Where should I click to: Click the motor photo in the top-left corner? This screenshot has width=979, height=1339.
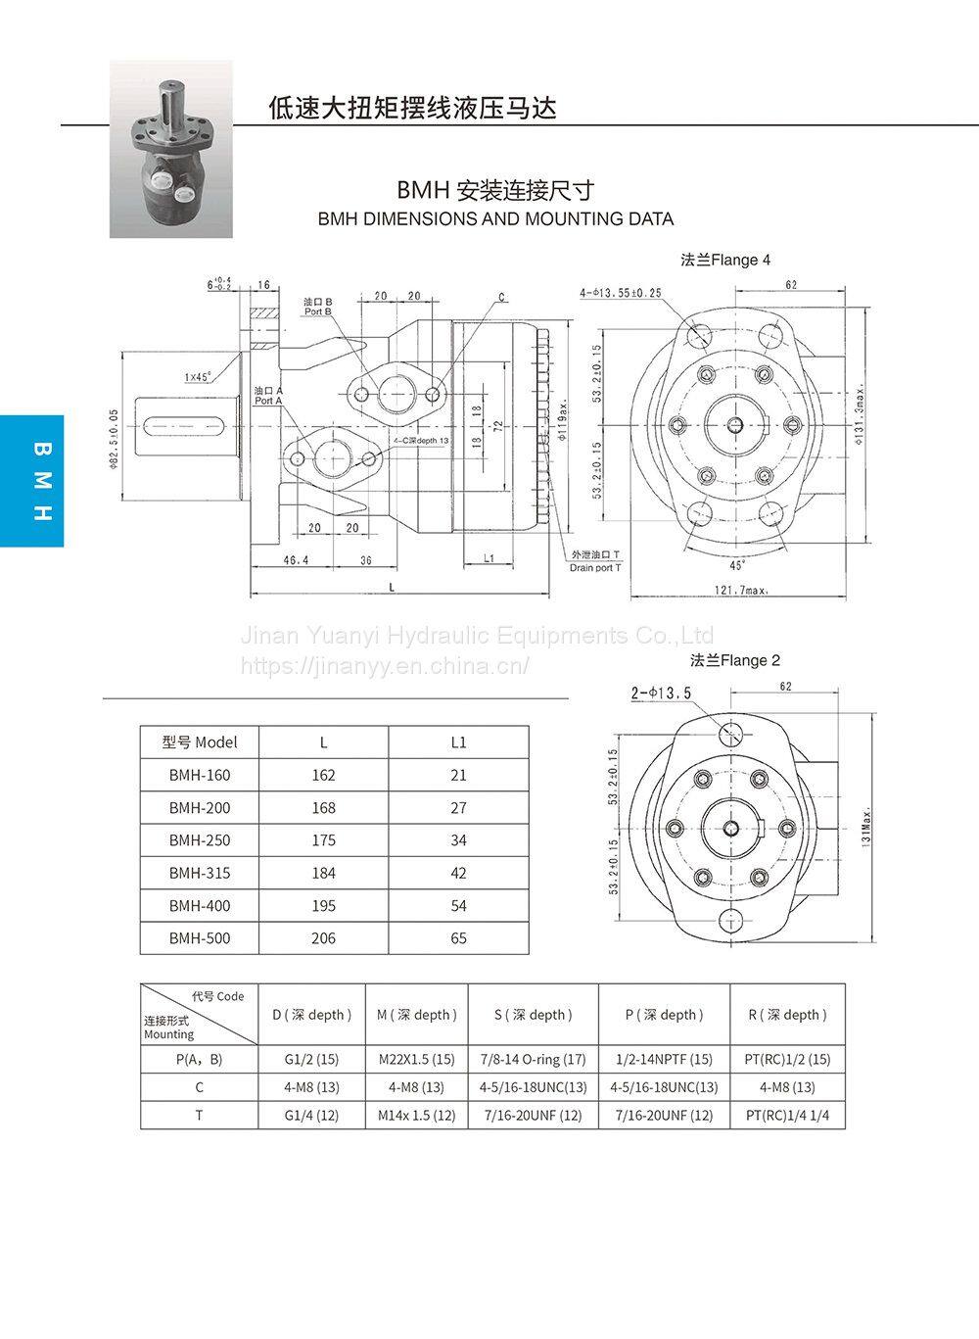tap(170, 149)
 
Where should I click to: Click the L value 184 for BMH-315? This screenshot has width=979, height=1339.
tap(323, 873)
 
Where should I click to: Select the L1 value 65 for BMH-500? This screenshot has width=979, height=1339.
tap(458, 938)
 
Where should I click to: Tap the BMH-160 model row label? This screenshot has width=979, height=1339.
tap(200, 775)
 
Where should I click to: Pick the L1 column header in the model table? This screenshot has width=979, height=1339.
tap(458, 741)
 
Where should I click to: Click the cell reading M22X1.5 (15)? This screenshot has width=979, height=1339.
tap(416, 1059)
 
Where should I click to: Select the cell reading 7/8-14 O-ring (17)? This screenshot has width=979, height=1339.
tap(533, 1059)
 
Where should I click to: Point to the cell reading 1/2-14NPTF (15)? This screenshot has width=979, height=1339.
tap(664, 1059)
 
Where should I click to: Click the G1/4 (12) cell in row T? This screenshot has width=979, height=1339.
tap(311, 1115)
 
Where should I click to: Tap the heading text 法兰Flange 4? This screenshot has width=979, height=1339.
tap(725, 260)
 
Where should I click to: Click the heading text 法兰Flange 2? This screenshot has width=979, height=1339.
tap(735, 660)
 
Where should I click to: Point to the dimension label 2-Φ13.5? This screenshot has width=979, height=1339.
tap(661, 693)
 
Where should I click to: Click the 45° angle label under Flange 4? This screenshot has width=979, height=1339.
tap(737, 565)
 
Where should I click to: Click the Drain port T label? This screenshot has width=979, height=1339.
tap(595, 568)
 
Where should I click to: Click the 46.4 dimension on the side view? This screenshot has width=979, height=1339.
tap(296, 560)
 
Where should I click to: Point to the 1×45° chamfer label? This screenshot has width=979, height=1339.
tap(198, 376)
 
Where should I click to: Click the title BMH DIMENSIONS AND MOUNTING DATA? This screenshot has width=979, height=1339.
tap(495, 218)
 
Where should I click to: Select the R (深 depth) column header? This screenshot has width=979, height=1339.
tap(787, 1015)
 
